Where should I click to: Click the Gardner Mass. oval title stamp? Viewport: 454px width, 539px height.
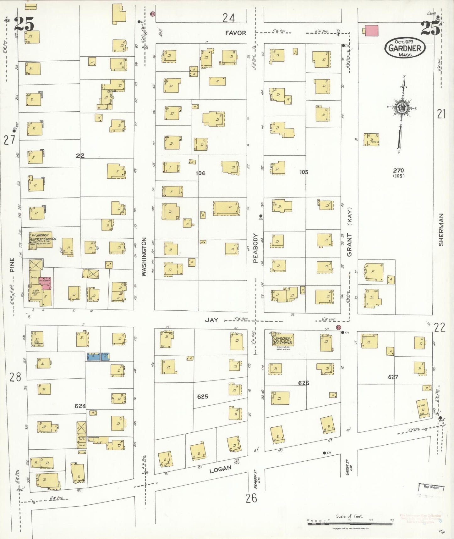click(405, 48)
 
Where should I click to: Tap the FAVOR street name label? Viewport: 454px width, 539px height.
click(235, 33)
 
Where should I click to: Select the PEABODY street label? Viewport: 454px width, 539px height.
click(255, 248)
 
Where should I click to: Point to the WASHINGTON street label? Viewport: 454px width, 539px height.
click(144, 257)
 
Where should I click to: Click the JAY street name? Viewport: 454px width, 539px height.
click(211, 320)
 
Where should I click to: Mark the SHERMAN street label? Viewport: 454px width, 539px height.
click(441, 230)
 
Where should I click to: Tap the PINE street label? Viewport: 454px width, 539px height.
click(12, 265)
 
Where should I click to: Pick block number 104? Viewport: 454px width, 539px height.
click(200, 173)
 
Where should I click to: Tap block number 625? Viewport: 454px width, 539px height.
click(202, 397)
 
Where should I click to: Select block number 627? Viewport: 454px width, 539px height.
click(393, 377)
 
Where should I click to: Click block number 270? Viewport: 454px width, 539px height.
click(398, 170)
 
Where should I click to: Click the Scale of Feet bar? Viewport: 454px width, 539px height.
click(350, 523)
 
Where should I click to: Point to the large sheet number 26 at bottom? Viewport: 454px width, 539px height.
click(251, 498)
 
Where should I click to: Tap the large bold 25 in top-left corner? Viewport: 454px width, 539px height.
click(24, 24)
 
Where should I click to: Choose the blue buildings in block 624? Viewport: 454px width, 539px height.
click(98, 356)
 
